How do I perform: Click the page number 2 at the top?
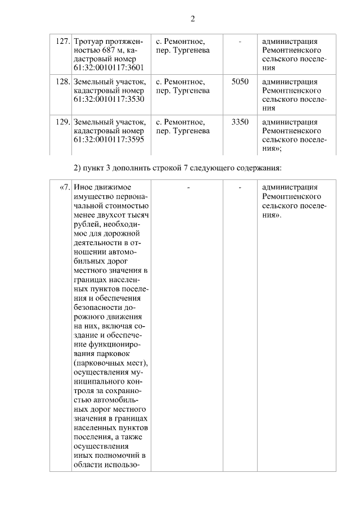[193, 19]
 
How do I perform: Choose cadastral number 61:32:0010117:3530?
[109, 99]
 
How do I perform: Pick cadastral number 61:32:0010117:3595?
[109, 139]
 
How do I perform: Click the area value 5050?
[240, 82]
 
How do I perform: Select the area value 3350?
[240, 122]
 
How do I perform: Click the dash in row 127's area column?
[240, 42]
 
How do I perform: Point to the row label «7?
[64, 187]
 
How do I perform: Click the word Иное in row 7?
[83, 187]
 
